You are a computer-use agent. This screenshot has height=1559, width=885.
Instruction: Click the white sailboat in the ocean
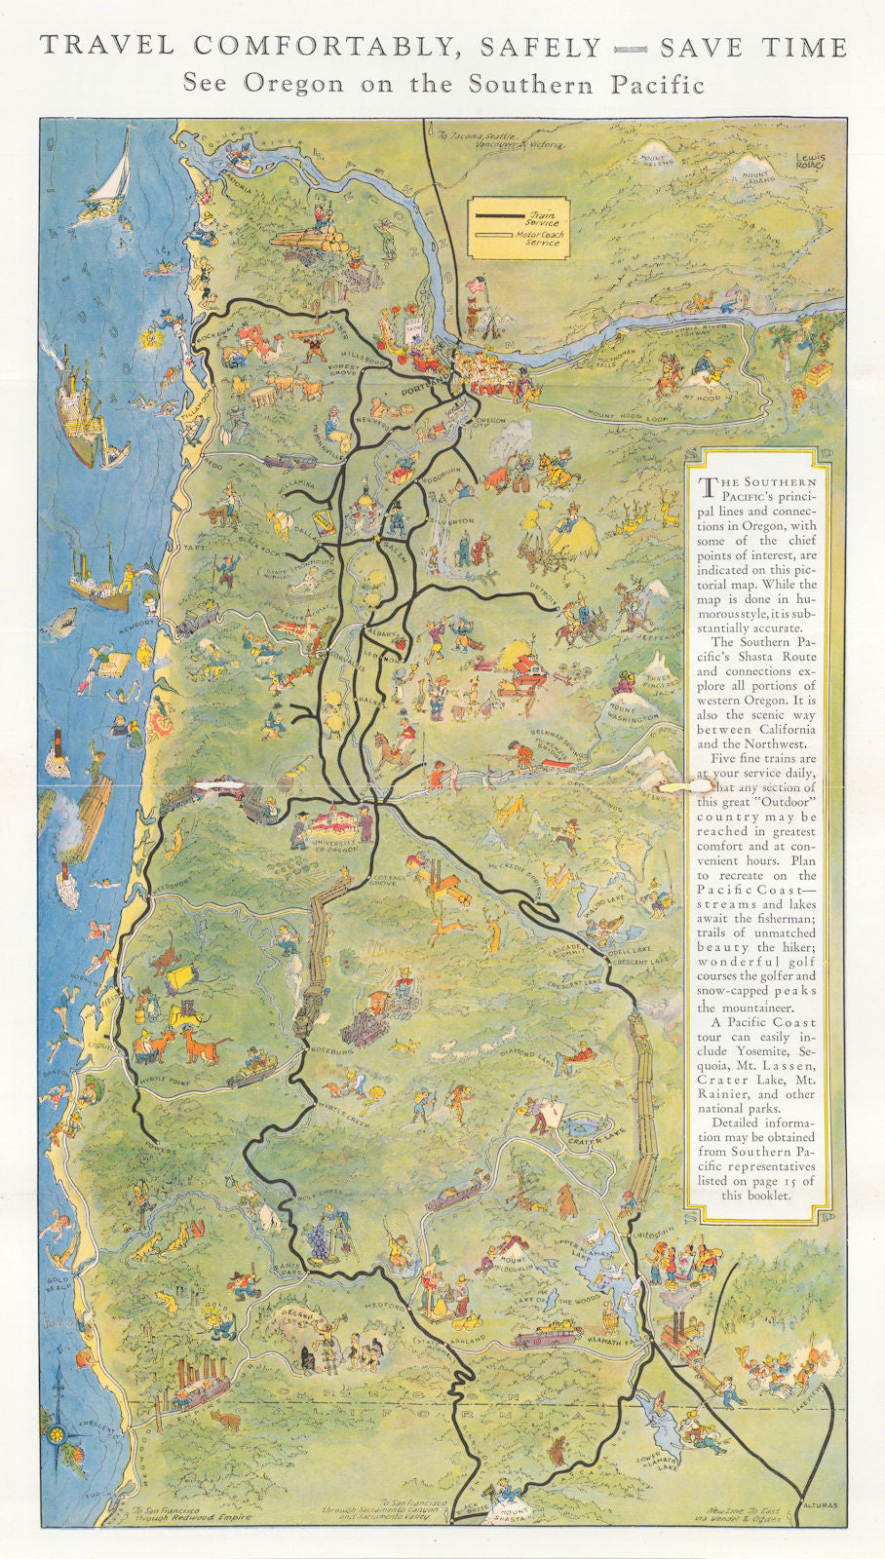pyautogui.click(x=116, y=171)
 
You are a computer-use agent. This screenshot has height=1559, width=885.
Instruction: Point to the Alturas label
pyautogui.click(x=817, y=1504)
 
